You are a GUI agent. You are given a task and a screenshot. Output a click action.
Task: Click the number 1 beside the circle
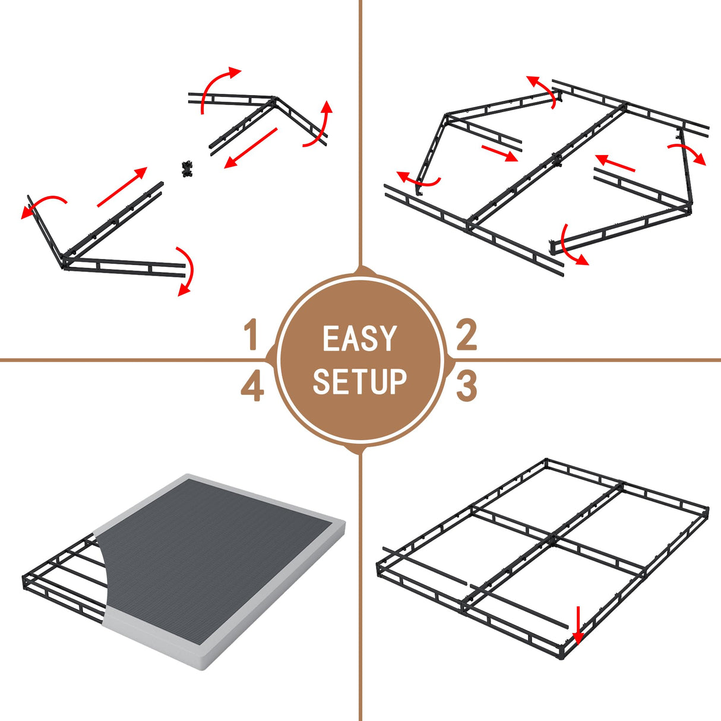252,334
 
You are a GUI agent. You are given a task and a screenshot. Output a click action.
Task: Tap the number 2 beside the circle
466,334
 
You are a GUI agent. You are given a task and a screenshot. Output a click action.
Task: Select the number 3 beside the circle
466,385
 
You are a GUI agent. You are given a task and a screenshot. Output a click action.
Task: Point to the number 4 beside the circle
252,387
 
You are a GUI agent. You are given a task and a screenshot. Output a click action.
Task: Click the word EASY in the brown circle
359,339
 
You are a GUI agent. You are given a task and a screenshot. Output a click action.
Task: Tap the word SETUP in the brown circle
359,381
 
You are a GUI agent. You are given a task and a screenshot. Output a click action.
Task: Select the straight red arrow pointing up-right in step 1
122,187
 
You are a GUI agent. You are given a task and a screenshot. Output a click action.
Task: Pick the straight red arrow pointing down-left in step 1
251,148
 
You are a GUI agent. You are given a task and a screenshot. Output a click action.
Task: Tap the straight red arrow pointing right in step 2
499,153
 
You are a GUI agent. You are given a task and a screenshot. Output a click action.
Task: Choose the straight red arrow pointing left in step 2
615,163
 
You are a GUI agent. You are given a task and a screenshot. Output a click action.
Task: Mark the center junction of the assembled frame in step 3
554,539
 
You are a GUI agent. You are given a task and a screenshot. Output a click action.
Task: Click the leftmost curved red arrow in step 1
43,205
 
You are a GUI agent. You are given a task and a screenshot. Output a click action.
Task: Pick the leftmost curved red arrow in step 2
418,178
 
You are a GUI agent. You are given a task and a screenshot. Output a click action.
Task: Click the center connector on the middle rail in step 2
556,159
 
